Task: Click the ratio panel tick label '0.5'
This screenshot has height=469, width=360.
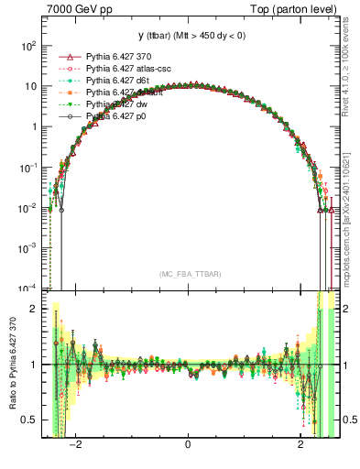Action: pyautogui.click(x=29, y=420)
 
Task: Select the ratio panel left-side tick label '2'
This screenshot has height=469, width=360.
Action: pyautogui.click(x=34, y=309)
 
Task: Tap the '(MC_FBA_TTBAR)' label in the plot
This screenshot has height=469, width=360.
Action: pyautogui.click(x=188, y=275)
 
